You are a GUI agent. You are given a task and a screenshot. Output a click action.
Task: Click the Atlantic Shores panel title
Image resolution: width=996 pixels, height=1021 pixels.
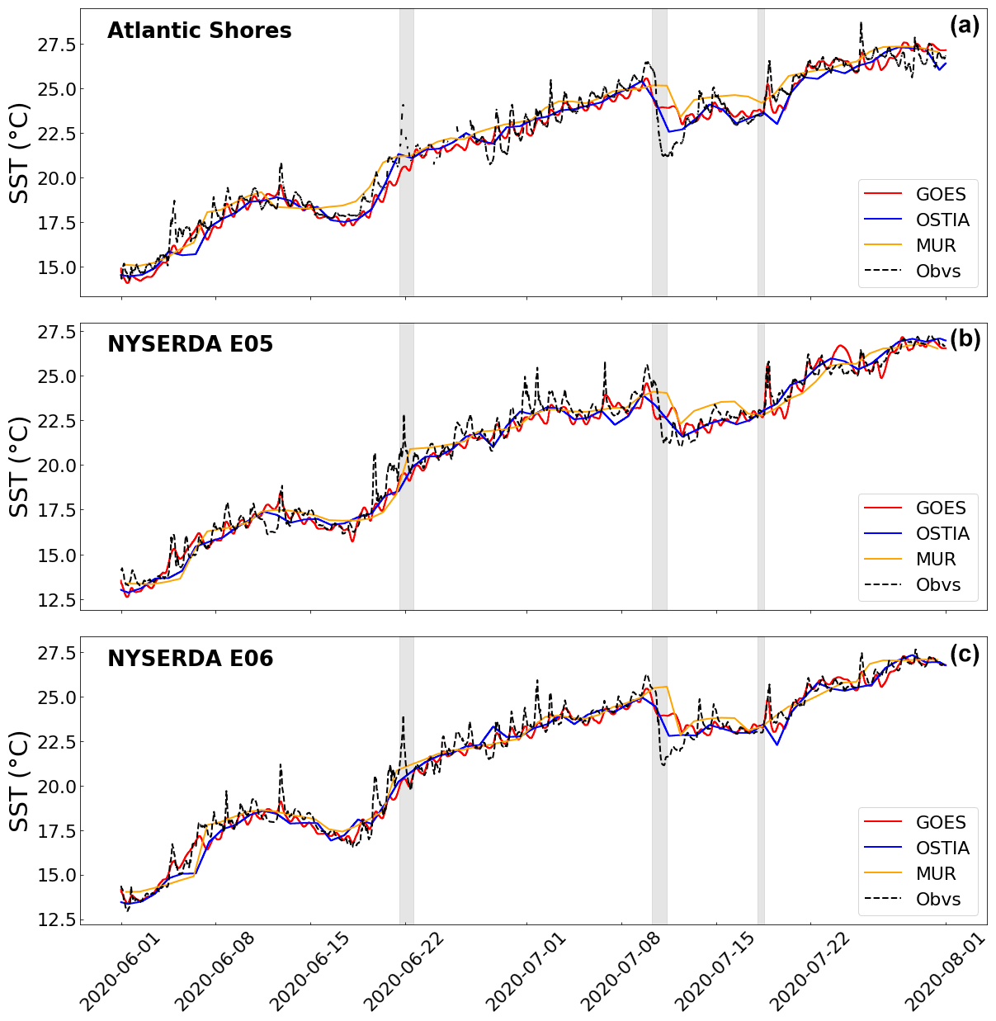(x=199, y=31)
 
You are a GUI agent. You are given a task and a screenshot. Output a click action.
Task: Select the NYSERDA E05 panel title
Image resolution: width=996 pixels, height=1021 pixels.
(x=190, y=344)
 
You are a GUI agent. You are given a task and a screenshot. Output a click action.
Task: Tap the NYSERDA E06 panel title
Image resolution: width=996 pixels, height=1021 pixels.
(x=190, y=659)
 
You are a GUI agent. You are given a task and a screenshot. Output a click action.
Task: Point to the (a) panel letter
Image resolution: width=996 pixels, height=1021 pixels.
(x=964, y=26)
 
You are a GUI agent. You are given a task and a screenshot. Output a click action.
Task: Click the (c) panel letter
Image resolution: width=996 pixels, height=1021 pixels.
(x=964, y=655)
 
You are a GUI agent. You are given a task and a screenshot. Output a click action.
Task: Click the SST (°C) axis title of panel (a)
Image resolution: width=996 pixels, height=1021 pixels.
(x=19, y=154)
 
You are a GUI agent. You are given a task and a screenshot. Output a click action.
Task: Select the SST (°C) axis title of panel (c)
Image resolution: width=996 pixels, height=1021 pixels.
(x=19, y=782)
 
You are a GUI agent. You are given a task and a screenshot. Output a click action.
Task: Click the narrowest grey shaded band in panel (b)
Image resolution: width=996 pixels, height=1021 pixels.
(x=761, y=466)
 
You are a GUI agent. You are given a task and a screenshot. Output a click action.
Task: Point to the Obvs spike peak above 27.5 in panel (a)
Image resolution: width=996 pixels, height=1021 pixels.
(x=860, y=23)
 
